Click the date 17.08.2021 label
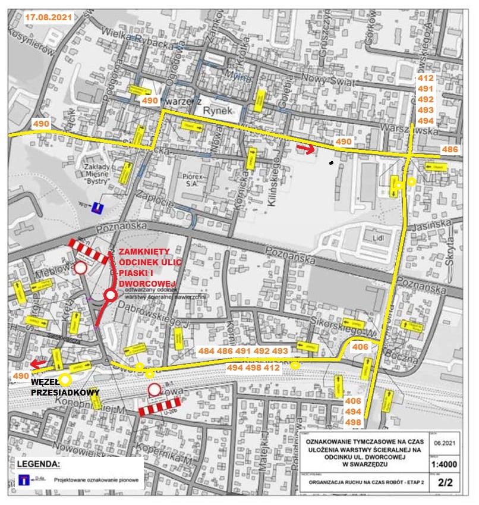pos(48,17)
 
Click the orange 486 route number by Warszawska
pos(449,149)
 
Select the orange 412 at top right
pos(426,78)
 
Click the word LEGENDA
pos(39,463)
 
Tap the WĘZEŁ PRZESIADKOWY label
pos(65,387)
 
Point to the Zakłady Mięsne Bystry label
pos(99,171)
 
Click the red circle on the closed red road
pos(109,295)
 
